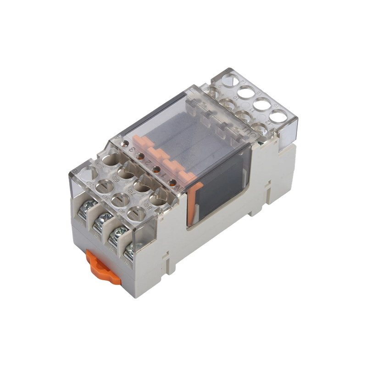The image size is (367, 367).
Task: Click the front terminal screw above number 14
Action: pos(116,235)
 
